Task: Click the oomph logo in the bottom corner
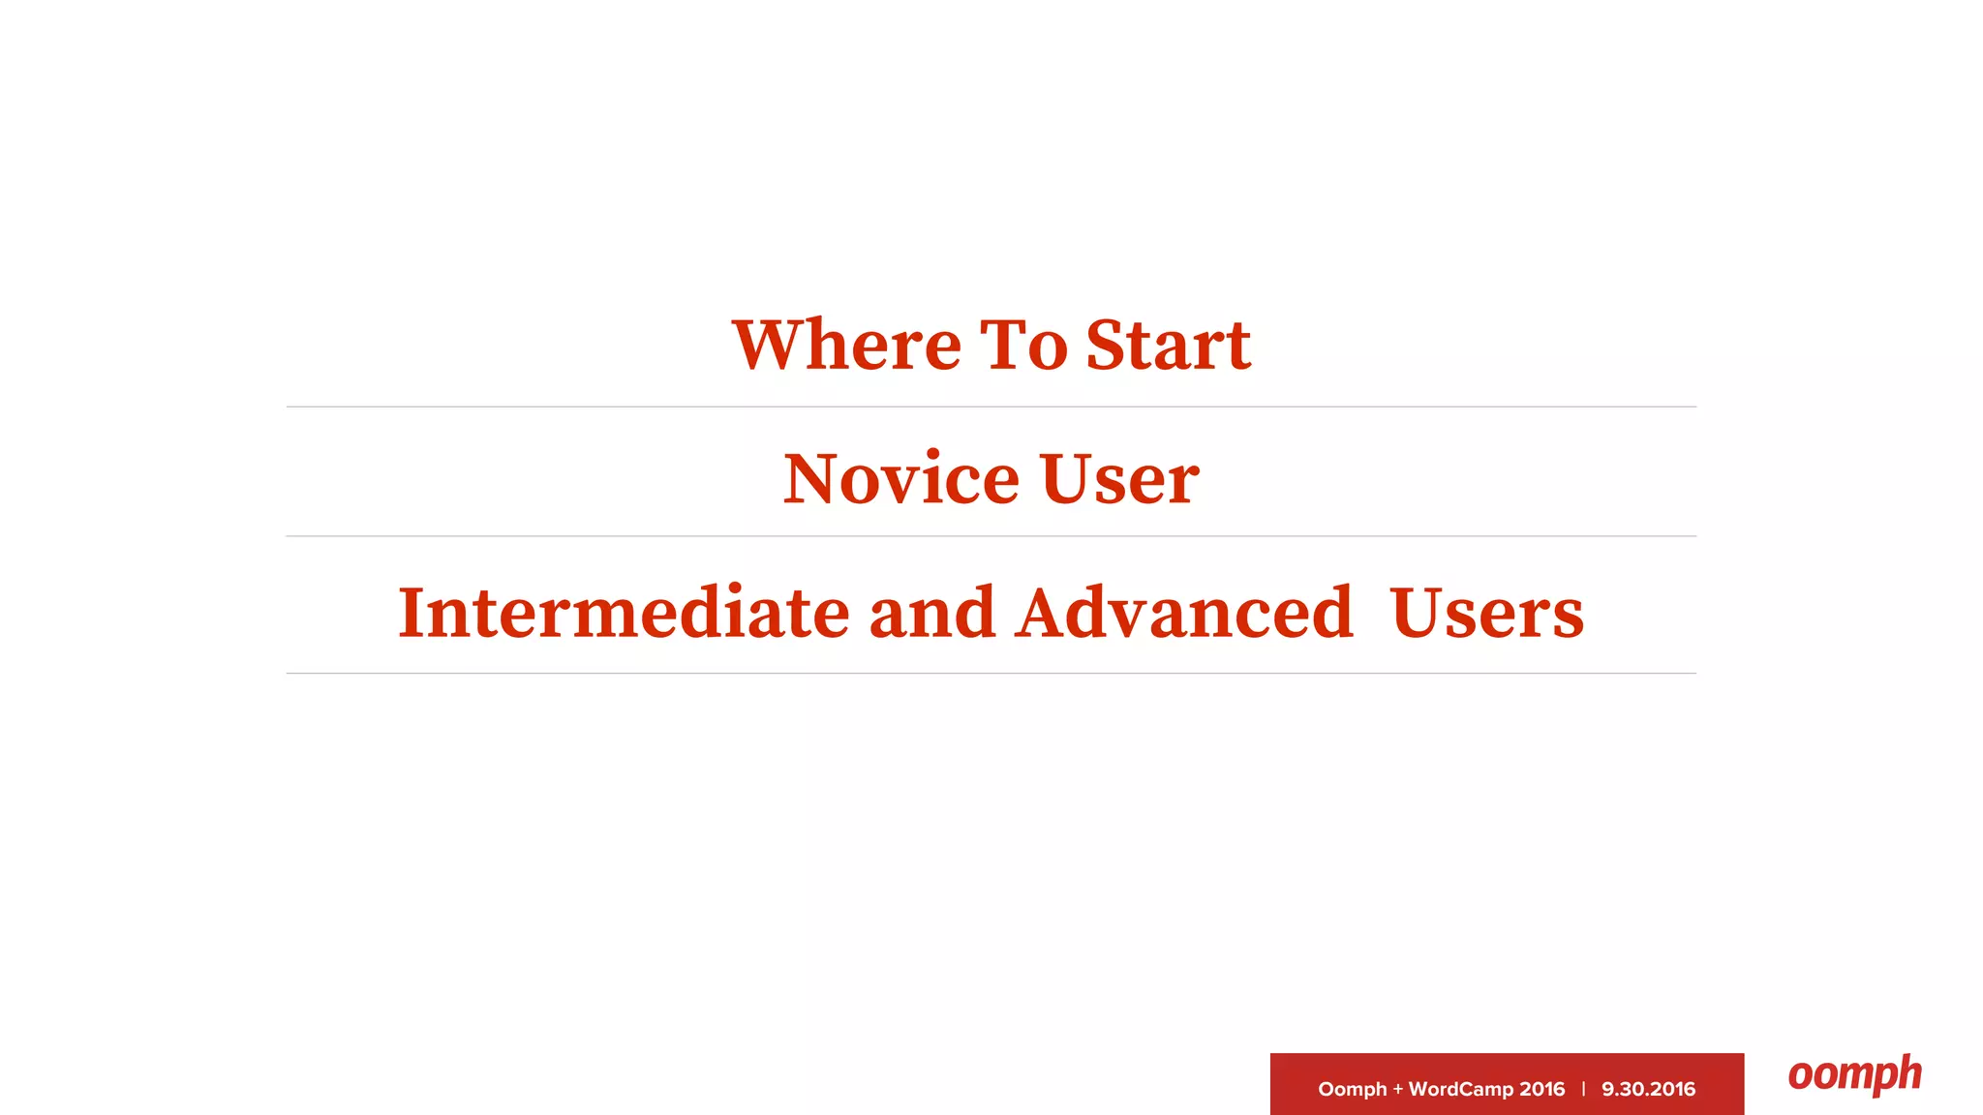[1854, 1074]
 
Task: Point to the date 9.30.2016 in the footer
[1648, 1089]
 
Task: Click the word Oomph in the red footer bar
[1352, 1089]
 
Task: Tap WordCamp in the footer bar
[1460, 1089]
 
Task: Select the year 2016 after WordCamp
[1542, 1089]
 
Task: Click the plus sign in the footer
[1397, 1089]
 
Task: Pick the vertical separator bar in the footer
[1583, 1089]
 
